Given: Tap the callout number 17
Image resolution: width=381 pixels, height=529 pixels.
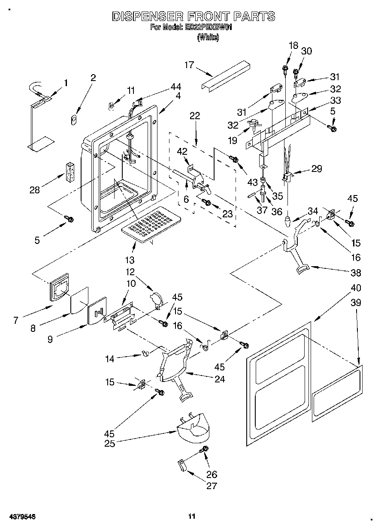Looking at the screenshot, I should point(189,65).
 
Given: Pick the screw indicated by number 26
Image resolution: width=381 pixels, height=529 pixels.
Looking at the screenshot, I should point(205,450).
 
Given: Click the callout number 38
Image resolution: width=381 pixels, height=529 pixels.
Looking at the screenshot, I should point(355,272).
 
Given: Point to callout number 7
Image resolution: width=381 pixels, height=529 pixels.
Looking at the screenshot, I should point(16,320).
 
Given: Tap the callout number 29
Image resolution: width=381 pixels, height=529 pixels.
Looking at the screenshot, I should point(317,168).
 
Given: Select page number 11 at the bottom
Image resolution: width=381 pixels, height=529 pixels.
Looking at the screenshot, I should point(192,516).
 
